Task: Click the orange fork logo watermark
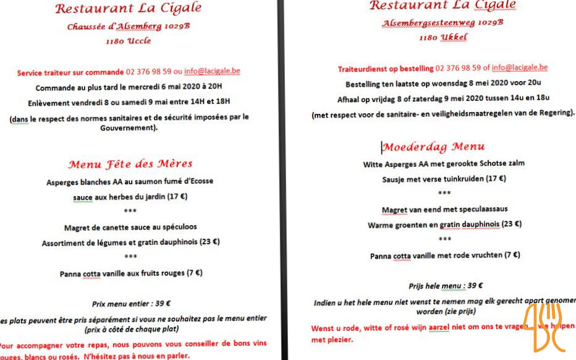pyautogui.click(x=544, y=327)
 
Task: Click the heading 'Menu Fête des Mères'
pyautogui.click(x=130, y=165)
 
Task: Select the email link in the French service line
pyautogui.click(x=212, y=72)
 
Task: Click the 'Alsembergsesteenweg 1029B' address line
pyautogui.click(x=442, y=23)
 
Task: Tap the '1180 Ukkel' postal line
pyautogui.click(x=443, y=37)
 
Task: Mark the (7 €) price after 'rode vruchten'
pyautogui.click(x=512, y=255)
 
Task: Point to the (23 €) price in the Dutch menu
pyautogui.click(x=511, y=225)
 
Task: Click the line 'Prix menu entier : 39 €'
pyautogui.click(x=131, y=304)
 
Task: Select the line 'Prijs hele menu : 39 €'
pyautogui.click(x=445, y=286)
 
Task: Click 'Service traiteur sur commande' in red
pyautogui.click(x=70, y=72)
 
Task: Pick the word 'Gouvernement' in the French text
pyautogui.click(x=128, y=128)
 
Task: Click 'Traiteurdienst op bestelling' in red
pyautogui.click(x=385, y=69)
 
